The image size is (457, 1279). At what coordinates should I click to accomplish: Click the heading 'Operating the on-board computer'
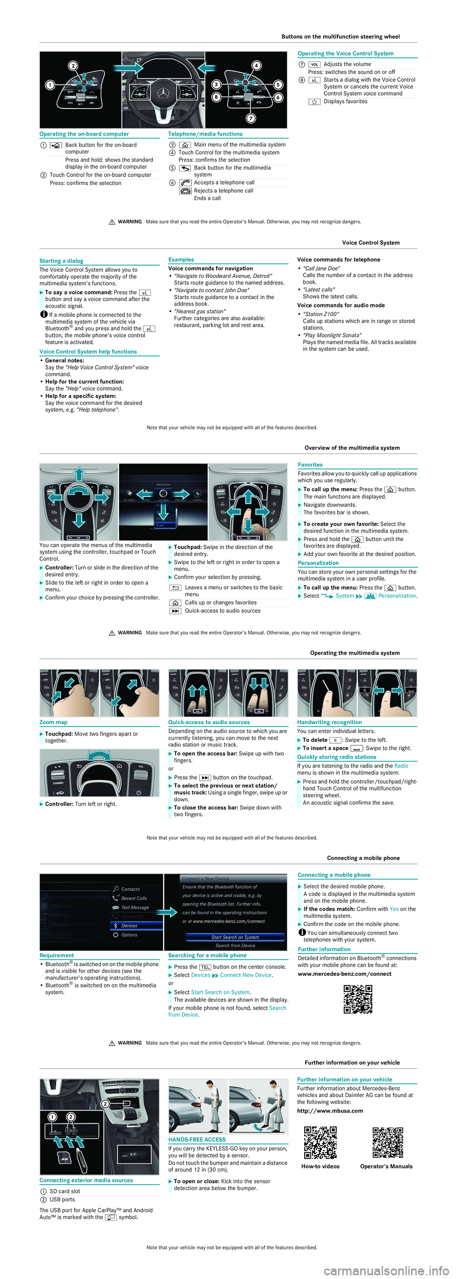[x=84, y=134]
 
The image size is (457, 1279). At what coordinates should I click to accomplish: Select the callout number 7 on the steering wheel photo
[x=251, y=118]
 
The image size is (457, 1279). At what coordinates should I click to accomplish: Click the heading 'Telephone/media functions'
[x=205, y=134]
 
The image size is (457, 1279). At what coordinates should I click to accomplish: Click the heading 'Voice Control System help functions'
[x=88, y=352]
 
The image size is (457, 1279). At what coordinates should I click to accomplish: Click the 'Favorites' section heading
[x=310, y=465]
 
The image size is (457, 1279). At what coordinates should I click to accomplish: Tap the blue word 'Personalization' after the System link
[x=397, y=596]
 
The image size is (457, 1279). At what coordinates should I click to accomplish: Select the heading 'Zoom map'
[x=54, y=722]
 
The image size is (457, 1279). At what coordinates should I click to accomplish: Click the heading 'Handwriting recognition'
[x=329, y=722]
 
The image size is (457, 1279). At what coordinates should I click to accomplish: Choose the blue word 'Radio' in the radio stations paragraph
[x=401, y=766]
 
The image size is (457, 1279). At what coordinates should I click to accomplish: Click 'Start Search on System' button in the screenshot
[x=235, y=937]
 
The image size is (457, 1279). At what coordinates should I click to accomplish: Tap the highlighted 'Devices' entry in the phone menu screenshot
[x=136, y=925]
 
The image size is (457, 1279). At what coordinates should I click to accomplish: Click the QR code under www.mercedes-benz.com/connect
[x=358, y=999]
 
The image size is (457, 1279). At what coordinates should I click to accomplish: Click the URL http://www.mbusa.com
[x=330, y=1111]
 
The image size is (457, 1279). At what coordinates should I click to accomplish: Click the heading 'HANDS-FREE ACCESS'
[x=197, y=1140]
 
